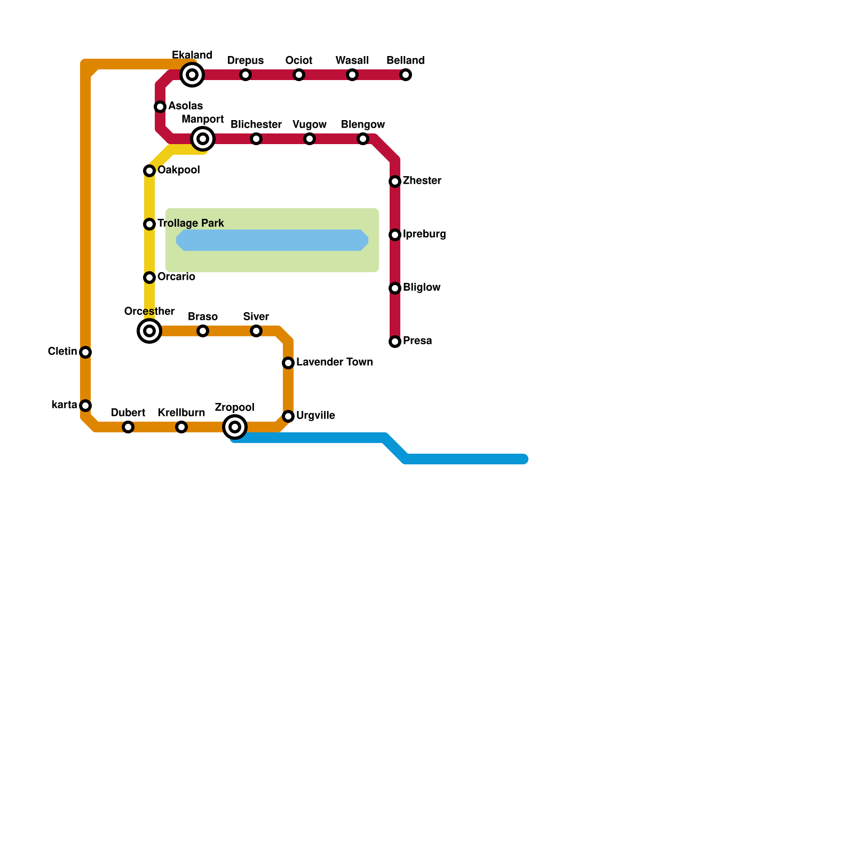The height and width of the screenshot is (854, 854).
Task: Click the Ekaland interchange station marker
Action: tap(192, 75)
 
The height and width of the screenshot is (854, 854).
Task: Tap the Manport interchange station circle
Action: tap(203, 139)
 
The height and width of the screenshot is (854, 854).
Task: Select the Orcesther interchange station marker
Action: tap(149, 331)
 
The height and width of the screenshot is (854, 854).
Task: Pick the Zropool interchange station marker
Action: tap(235, 427)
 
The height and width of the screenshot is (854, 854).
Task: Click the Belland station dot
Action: tap(406, 75)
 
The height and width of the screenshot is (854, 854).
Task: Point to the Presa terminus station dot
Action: tap(395, 342)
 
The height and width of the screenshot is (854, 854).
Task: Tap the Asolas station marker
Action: tap(160, 107)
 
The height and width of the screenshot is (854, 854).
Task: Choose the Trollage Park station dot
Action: tap(149, 224)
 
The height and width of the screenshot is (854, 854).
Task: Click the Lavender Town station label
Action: tap(334, 362)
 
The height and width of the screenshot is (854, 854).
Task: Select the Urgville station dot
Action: tap(288, 416)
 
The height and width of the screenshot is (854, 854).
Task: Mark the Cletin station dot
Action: tap(85, 352)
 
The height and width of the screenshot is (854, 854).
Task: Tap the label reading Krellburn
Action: tap(181, 413)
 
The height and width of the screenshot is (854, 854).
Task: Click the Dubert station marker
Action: tap(128, 427)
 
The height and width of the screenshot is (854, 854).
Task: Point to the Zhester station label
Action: tap(422, 181)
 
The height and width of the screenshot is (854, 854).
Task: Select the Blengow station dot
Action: tap(363, 139)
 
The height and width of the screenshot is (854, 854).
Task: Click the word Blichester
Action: tap(256, 125)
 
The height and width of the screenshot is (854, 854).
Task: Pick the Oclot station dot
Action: tap(299, 75)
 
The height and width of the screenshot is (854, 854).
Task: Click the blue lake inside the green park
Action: tap(272, 240)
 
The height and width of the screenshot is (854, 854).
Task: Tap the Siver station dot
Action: tap(256, 331)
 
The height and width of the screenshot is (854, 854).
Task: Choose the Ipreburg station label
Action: tap(424, 234)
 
